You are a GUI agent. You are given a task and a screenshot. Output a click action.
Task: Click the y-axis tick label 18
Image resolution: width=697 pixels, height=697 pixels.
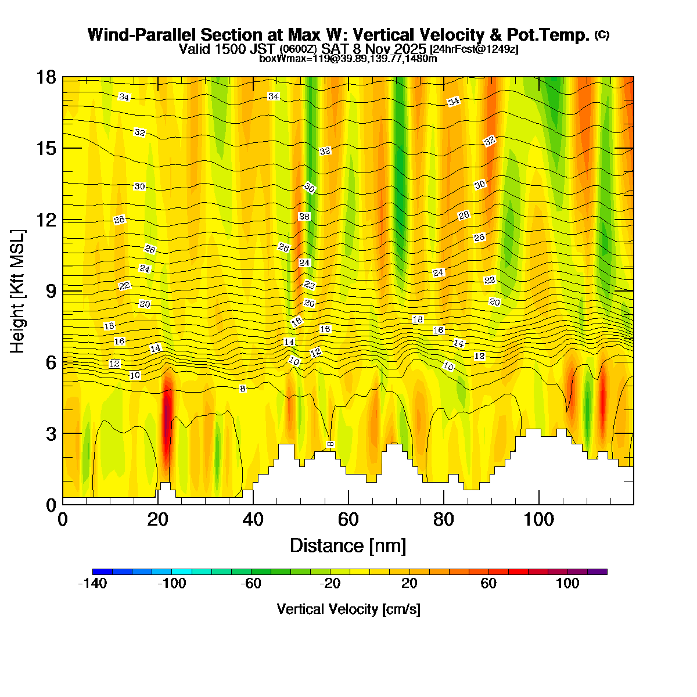tap(47, 77)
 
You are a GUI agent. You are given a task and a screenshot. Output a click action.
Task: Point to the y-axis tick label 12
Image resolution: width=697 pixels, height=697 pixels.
tap(47, 220)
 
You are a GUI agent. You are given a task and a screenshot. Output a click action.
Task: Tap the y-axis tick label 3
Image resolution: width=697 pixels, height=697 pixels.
tap(51, 434)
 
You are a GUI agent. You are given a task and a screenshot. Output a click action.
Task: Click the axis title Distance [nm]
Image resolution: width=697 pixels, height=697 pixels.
tap(347, 546)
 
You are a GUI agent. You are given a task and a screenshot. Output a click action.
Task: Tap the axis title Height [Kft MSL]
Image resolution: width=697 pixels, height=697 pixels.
tap(18, 291)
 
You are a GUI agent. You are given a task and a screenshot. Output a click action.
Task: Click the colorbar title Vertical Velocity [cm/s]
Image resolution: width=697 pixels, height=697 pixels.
tap(348, 609)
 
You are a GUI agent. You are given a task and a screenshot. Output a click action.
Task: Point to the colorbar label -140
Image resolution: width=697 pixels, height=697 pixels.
tap(92, 584)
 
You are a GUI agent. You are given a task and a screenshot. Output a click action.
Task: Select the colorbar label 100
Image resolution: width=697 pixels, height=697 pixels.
tap(567, 584)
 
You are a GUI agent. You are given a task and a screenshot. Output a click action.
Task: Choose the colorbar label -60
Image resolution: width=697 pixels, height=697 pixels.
tap(251, 584)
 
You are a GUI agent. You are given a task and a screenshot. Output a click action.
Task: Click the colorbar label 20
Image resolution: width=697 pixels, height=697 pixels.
tap(409, 584)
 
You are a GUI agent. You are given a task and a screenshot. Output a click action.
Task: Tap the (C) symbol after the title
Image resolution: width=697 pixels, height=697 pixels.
tap(602, 35)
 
